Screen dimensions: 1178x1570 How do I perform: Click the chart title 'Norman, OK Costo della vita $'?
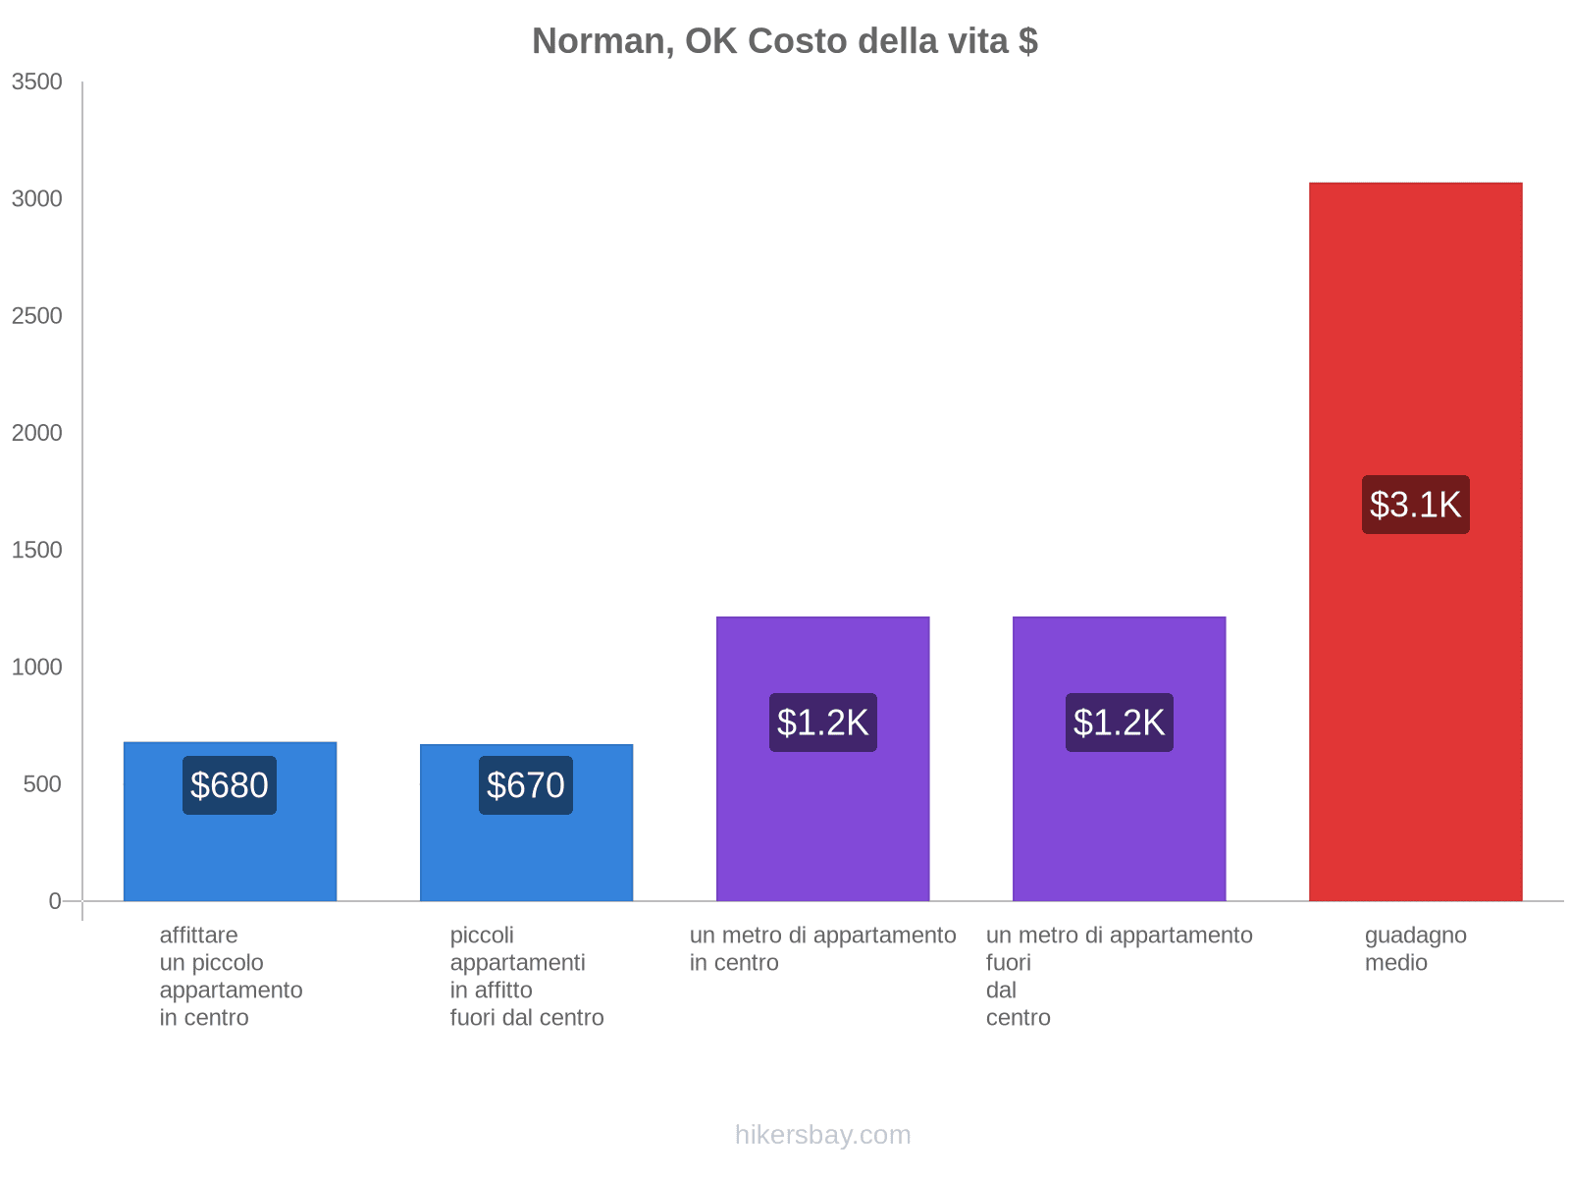coord(785,41)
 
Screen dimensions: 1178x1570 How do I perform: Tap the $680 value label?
coord(230,785)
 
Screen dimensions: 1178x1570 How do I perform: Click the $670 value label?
coord(526,785)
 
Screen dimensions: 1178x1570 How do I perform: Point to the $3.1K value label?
coord(1415,505)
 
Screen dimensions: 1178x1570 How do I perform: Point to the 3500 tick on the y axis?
coord(37,82)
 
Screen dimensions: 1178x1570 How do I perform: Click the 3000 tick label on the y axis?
coord(37,199)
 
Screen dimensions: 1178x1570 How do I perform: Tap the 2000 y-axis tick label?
coord(37,433)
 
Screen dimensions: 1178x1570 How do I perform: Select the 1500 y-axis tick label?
coord(37,550)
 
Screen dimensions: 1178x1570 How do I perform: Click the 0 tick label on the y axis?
coord(55,901)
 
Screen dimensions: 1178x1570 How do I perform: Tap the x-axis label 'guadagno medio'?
coord(1415,948)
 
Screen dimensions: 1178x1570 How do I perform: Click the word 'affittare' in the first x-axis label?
coord(198,936)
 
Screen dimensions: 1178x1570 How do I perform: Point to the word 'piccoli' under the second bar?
coord(482,936)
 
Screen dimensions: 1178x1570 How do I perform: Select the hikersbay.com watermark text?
coord(822,1135)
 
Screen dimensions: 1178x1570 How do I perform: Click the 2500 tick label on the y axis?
coord(37,316)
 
